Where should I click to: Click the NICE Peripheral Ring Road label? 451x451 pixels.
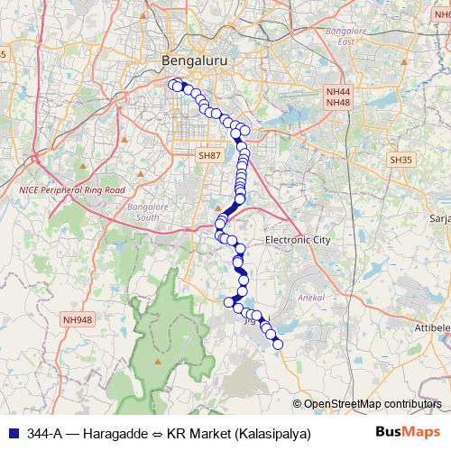click(71, 191)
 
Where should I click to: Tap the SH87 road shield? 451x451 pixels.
click(209, 156)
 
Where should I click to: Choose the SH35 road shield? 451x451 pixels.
click(400, 160)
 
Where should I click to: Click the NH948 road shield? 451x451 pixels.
click(78, 319)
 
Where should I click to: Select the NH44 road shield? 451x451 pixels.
click(338, 92)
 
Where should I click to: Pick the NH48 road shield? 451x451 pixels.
click(338, 103)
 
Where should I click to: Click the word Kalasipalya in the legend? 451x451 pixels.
click(272, 433)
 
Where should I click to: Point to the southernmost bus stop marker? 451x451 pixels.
click(278, 344)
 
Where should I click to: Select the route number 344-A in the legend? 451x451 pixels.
click(44, 433)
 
